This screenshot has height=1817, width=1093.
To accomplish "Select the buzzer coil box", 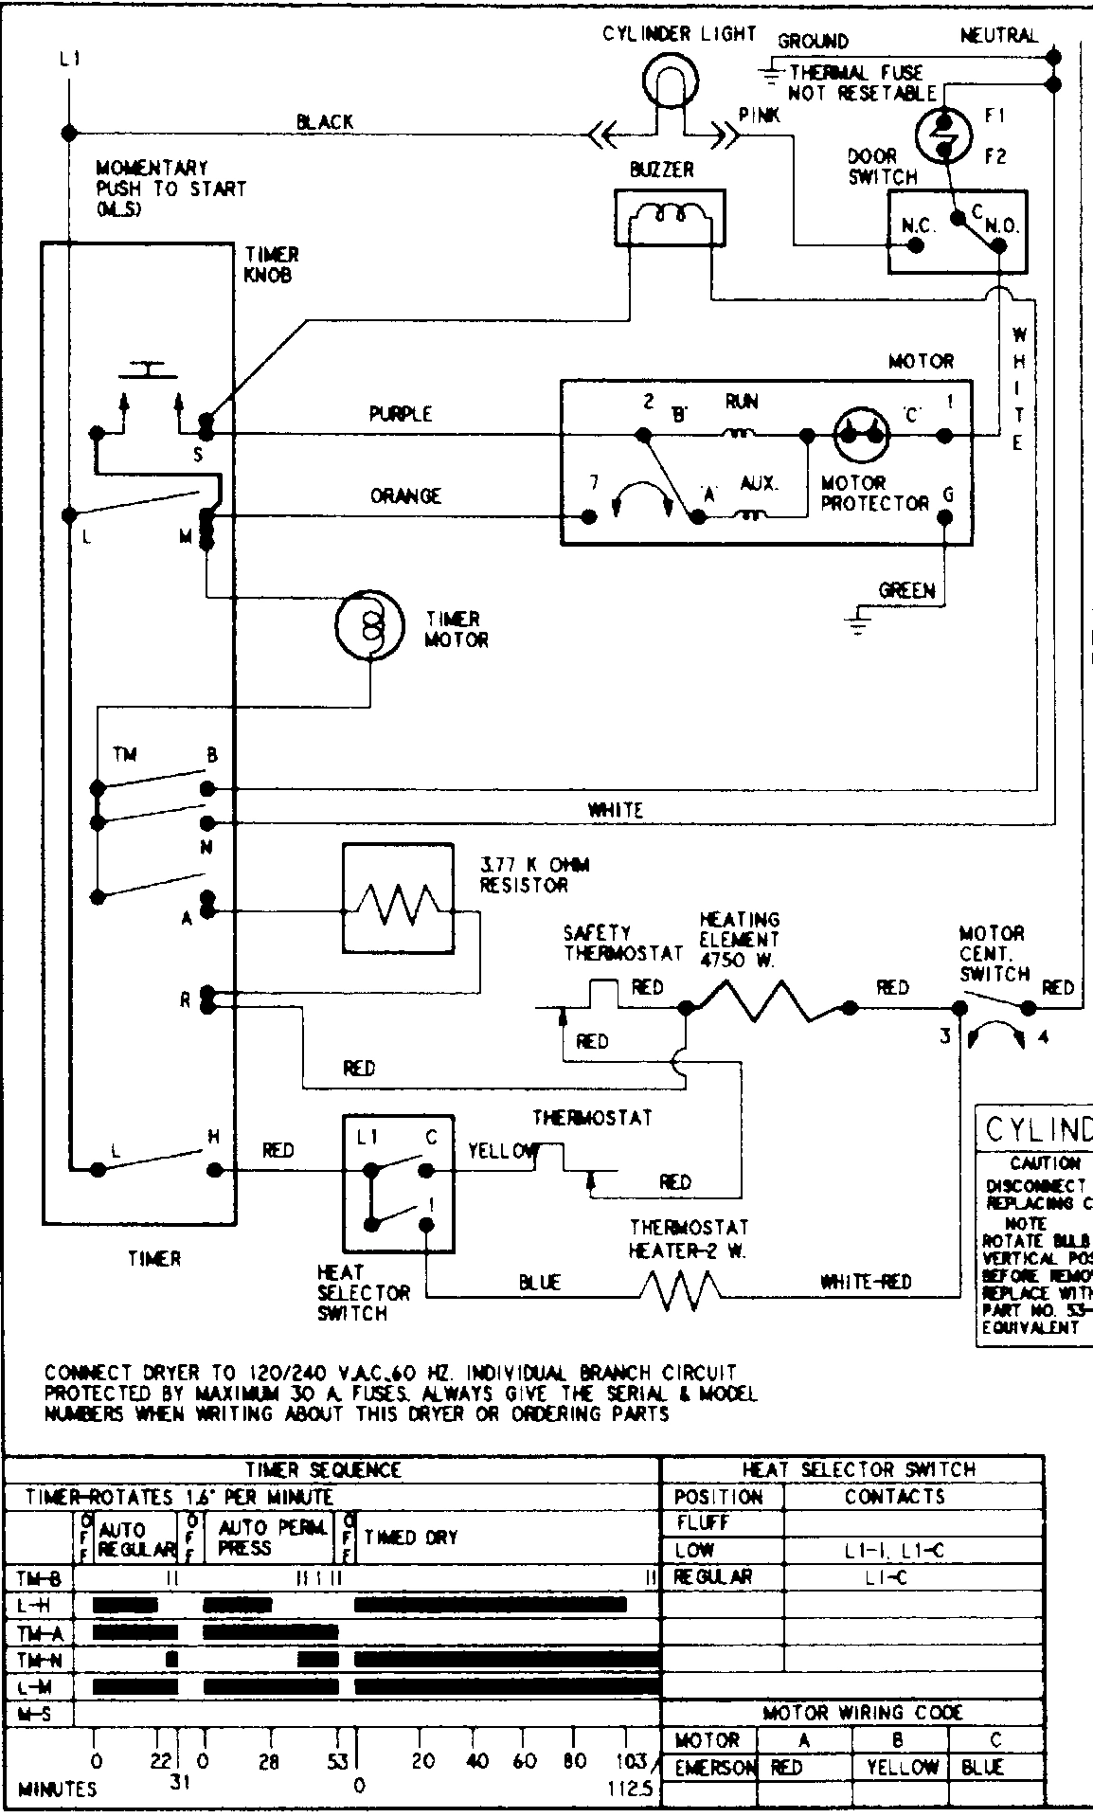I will tap(670, 218).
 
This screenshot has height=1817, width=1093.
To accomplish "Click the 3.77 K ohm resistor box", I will tap(398, 898).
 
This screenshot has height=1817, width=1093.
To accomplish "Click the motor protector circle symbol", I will tap(861, 435).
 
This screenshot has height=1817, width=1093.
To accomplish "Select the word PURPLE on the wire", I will tap(400, 414).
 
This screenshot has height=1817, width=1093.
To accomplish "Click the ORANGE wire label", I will tap(405, 495).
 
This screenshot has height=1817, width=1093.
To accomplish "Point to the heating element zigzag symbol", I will tap(763, 1002).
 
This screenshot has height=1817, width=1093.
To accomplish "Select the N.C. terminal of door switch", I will tap(916, 245).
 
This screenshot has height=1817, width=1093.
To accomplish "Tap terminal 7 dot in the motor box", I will tap(589, 517).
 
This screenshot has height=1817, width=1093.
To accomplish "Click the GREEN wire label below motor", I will tap(905, 590).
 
